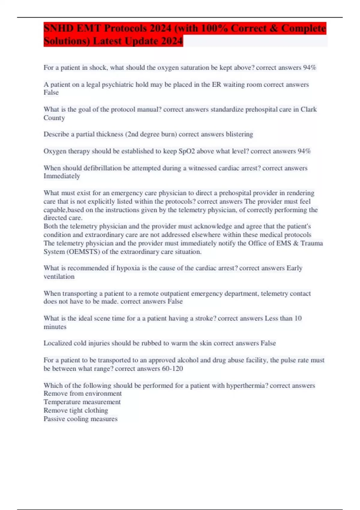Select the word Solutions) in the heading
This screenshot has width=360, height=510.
67,41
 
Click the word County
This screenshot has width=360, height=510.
54,118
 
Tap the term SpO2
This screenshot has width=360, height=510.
187,151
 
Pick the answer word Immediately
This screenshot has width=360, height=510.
62,176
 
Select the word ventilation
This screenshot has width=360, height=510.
59,277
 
